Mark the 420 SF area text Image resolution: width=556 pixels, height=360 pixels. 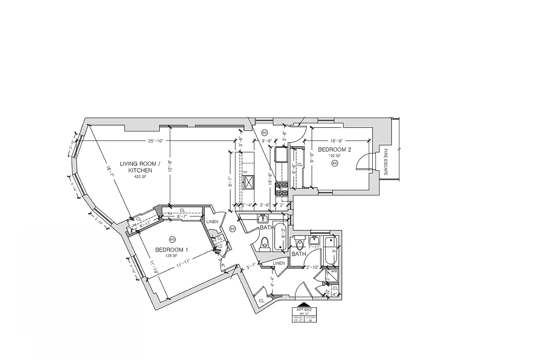140,177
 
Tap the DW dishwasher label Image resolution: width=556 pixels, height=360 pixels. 245,172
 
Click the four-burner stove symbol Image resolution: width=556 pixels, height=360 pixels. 282,189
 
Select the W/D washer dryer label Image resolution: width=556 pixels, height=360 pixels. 334,271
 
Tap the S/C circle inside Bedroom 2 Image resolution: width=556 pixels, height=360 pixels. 335,163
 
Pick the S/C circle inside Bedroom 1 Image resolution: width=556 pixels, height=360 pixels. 172,239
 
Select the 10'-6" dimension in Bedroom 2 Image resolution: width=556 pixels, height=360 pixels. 336,140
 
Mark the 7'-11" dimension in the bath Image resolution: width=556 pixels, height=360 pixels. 314,247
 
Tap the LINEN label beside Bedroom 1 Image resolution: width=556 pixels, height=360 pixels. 212,222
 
